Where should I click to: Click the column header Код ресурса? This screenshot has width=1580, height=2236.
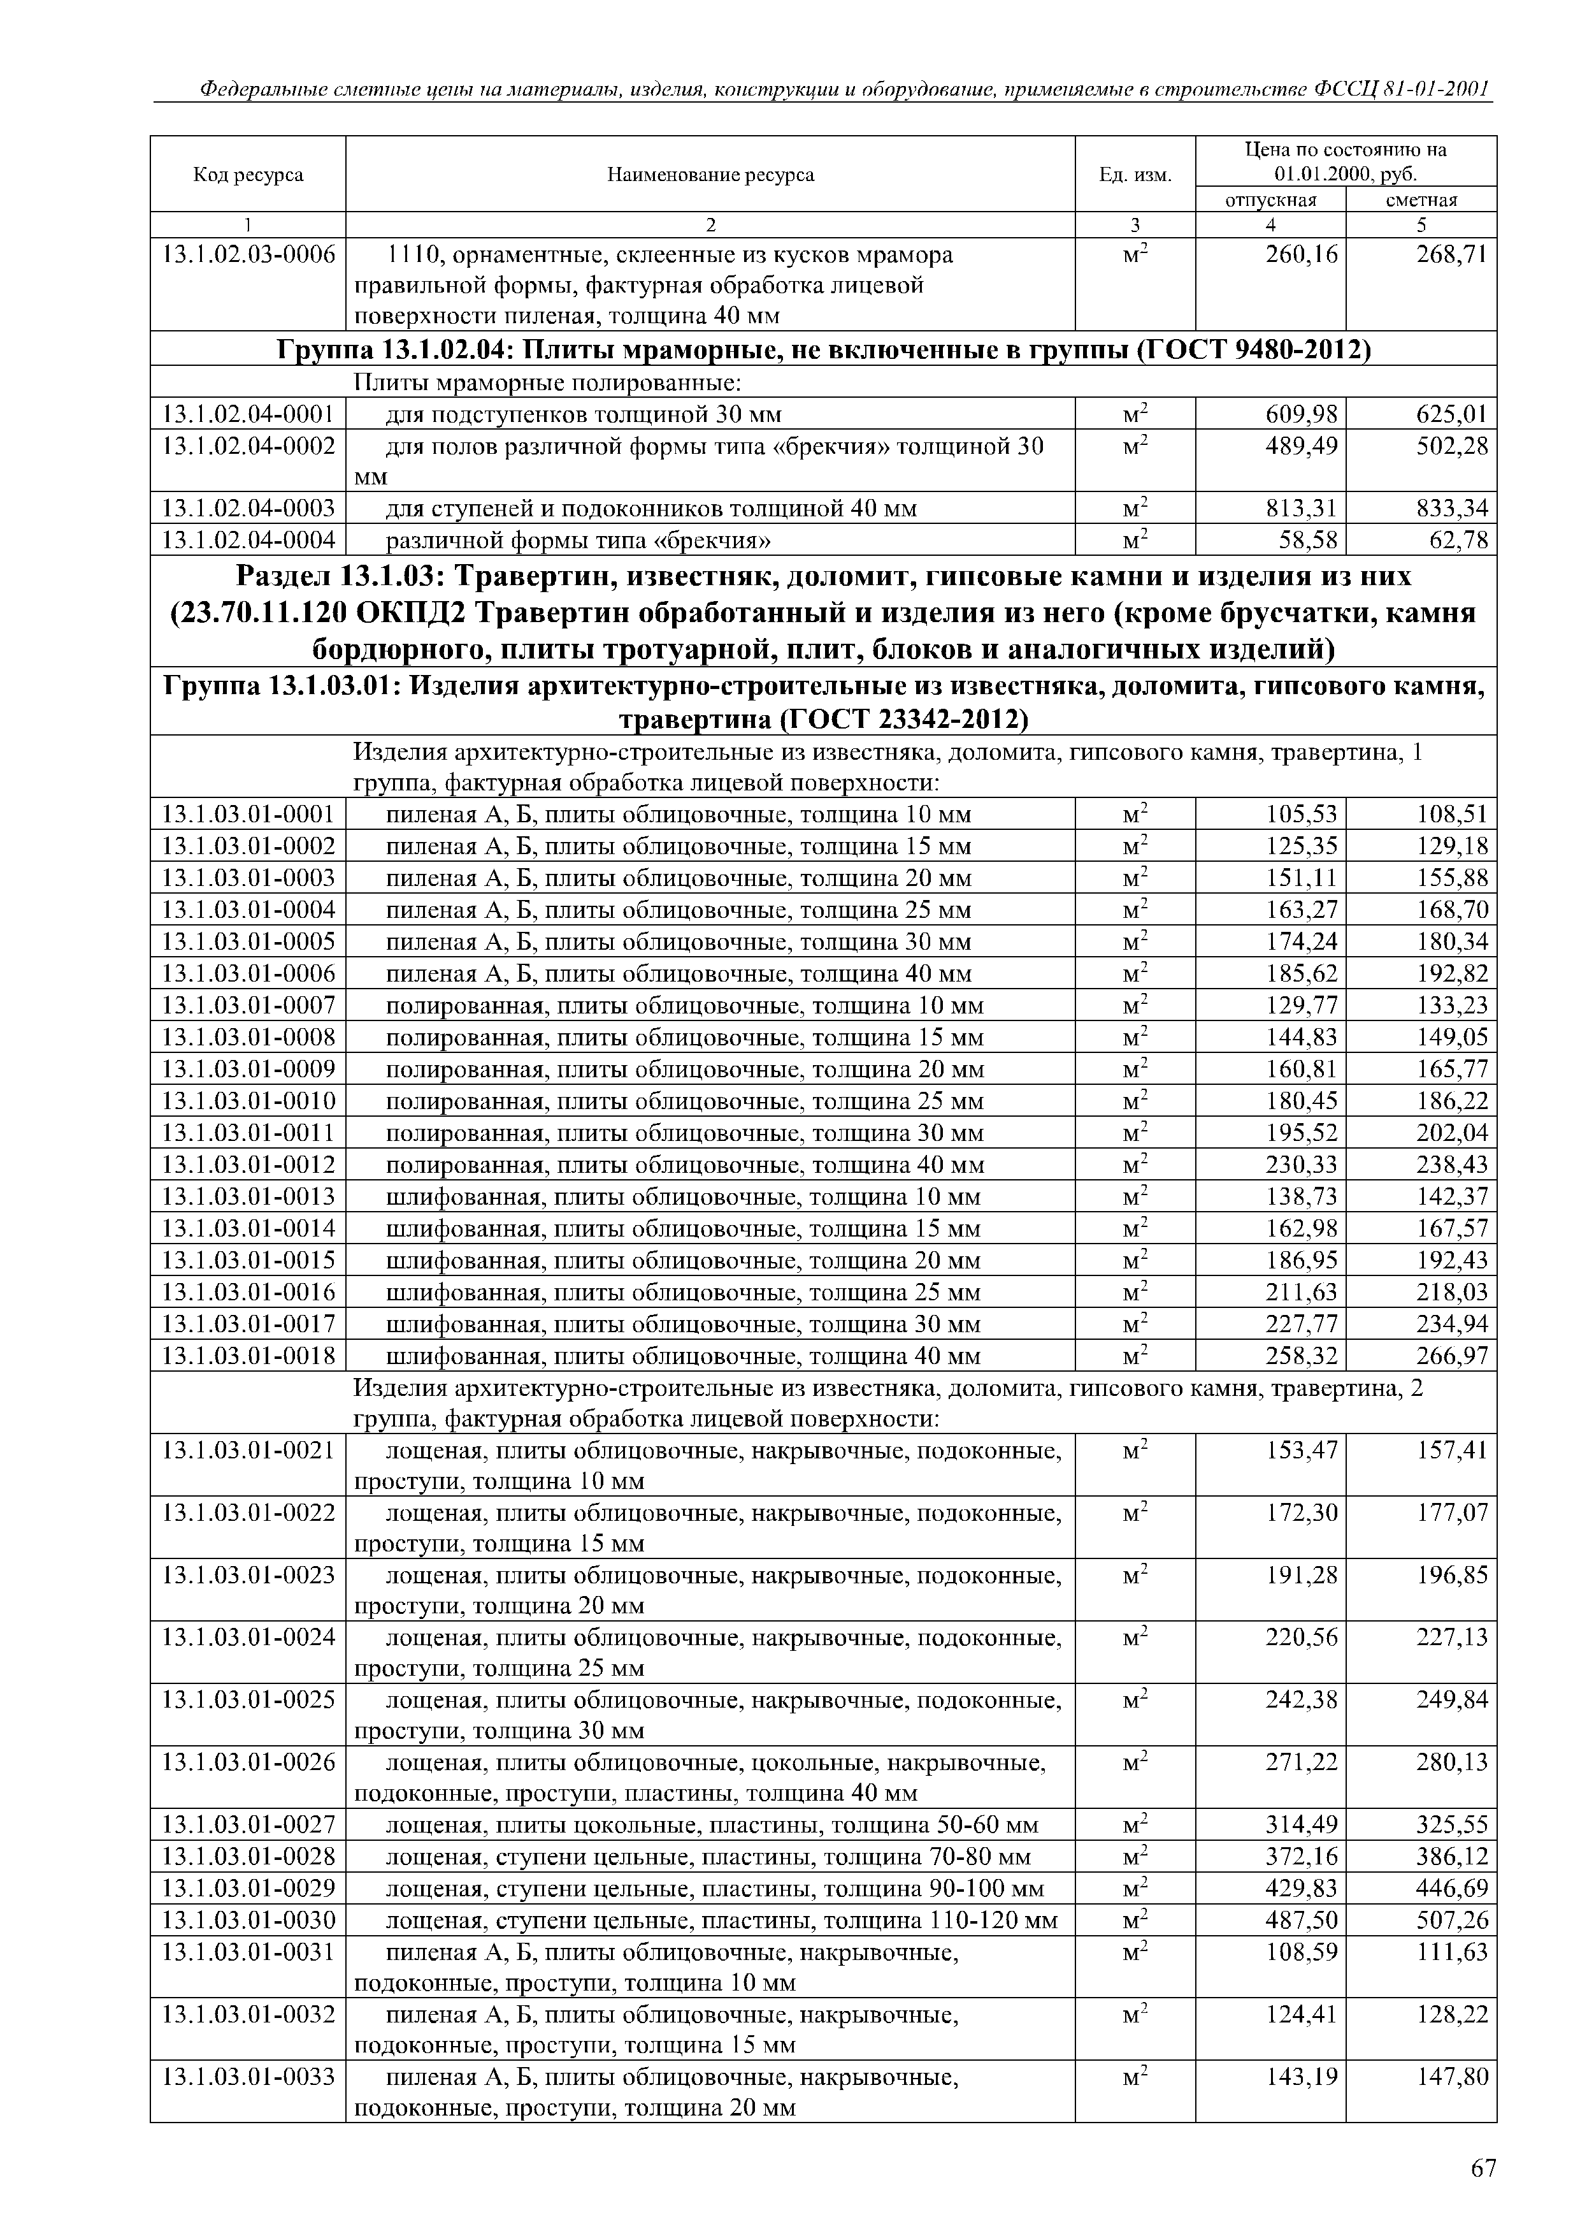(248, 175)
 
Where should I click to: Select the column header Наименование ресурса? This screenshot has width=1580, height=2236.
(710, 175)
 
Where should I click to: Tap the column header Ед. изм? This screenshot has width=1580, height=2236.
(1135, 175)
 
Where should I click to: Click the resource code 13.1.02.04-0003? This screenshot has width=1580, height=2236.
(248, 509)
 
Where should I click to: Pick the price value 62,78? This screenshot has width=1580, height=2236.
(1453, 539)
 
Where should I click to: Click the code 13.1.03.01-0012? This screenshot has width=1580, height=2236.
(248, 1165)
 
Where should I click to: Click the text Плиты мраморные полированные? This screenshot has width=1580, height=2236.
(547, 382)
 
